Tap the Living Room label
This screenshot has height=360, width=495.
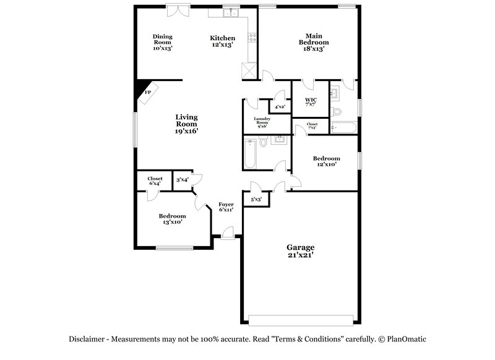[186, 124]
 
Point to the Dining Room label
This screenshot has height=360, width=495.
[163, 42]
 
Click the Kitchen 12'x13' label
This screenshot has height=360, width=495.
[222, 41]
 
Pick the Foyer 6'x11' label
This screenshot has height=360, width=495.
[226, 207]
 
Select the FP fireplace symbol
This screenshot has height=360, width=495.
[147, 92]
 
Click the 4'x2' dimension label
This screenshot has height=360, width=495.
[280, 107]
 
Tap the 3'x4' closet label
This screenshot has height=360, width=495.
[183, 180]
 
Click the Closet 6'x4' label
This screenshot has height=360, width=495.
[155, 181]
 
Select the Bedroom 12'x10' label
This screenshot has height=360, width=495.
[326, 161]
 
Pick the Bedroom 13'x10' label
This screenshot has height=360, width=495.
[172, 219]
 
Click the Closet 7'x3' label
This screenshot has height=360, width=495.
[312, 126]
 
